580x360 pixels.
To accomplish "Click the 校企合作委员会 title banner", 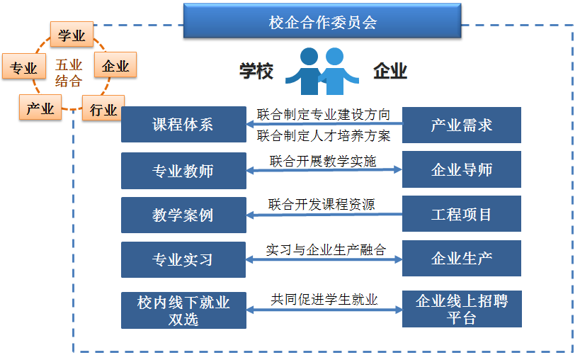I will (322, 21).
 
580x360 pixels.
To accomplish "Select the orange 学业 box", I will (72, 35).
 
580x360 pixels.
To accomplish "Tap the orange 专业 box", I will (23, 68).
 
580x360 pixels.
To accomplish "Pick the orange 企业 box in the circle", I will (115, 66).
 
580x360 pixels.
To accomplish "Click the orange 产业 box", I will (40, 108).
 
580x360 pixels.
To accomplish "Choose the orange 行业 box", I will (103, 110).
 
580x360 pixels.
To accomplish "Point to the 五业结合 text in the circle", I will (69, 73).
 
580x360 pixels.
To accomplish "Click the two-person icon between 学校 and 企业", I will (322, 72).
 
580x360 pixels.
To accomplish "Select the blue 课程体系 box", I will (183, 125).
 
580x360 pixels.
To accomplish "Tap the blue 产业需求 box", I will (461, 125).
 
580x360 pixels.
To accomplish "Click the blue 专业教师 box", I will (183, 170).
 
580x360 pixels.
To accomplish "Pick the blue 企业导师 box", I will (461, 170).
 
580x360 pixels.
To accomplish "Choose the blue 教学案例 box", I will (183, 215).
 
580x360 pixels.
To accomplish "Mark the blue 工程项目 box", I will (461, 214).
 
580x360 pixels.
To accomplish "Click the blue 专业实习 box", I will (183, 259).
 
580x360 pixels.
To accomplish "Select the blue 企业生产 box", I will (461, 259).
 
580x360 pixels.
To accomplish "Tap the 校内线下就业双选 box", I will (183, 310).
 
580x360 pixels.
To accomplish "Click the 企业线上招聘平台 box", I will (461, 310).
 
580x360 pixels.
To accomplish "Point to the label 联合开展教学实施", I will (323, 161).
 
